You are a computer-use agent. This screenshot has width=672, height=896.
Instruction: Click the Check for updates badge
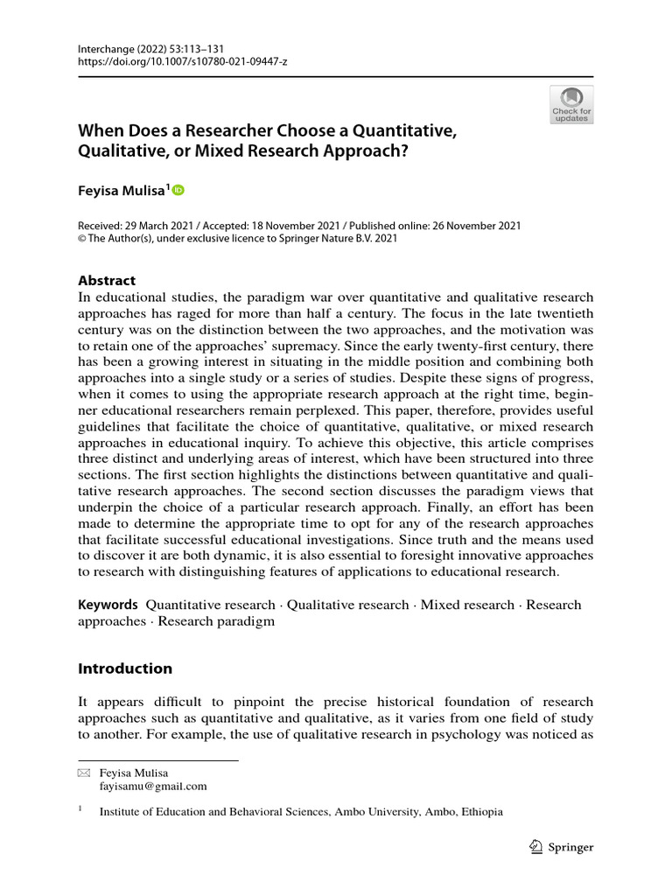(571, 104)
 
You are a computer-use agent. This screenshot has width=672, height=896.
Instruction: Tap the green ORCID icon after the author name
(179, 190)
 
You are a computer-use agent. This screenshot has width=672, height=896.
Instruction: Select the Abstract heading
(107, 280)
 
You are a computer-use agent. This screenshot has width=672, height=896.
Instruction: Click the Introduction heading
(125, 668)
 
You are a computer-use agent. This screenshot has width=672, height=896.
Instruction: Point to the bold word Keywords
(108, 605)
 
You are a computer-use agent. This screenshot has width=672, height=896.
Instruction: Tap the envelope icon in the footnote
(84, 773)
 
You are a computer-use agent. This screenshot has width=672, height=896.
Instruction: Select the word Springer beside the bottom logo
(571, 847)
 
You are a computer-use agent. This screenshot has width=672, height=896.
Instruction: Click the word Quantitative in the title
(399, 131)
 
